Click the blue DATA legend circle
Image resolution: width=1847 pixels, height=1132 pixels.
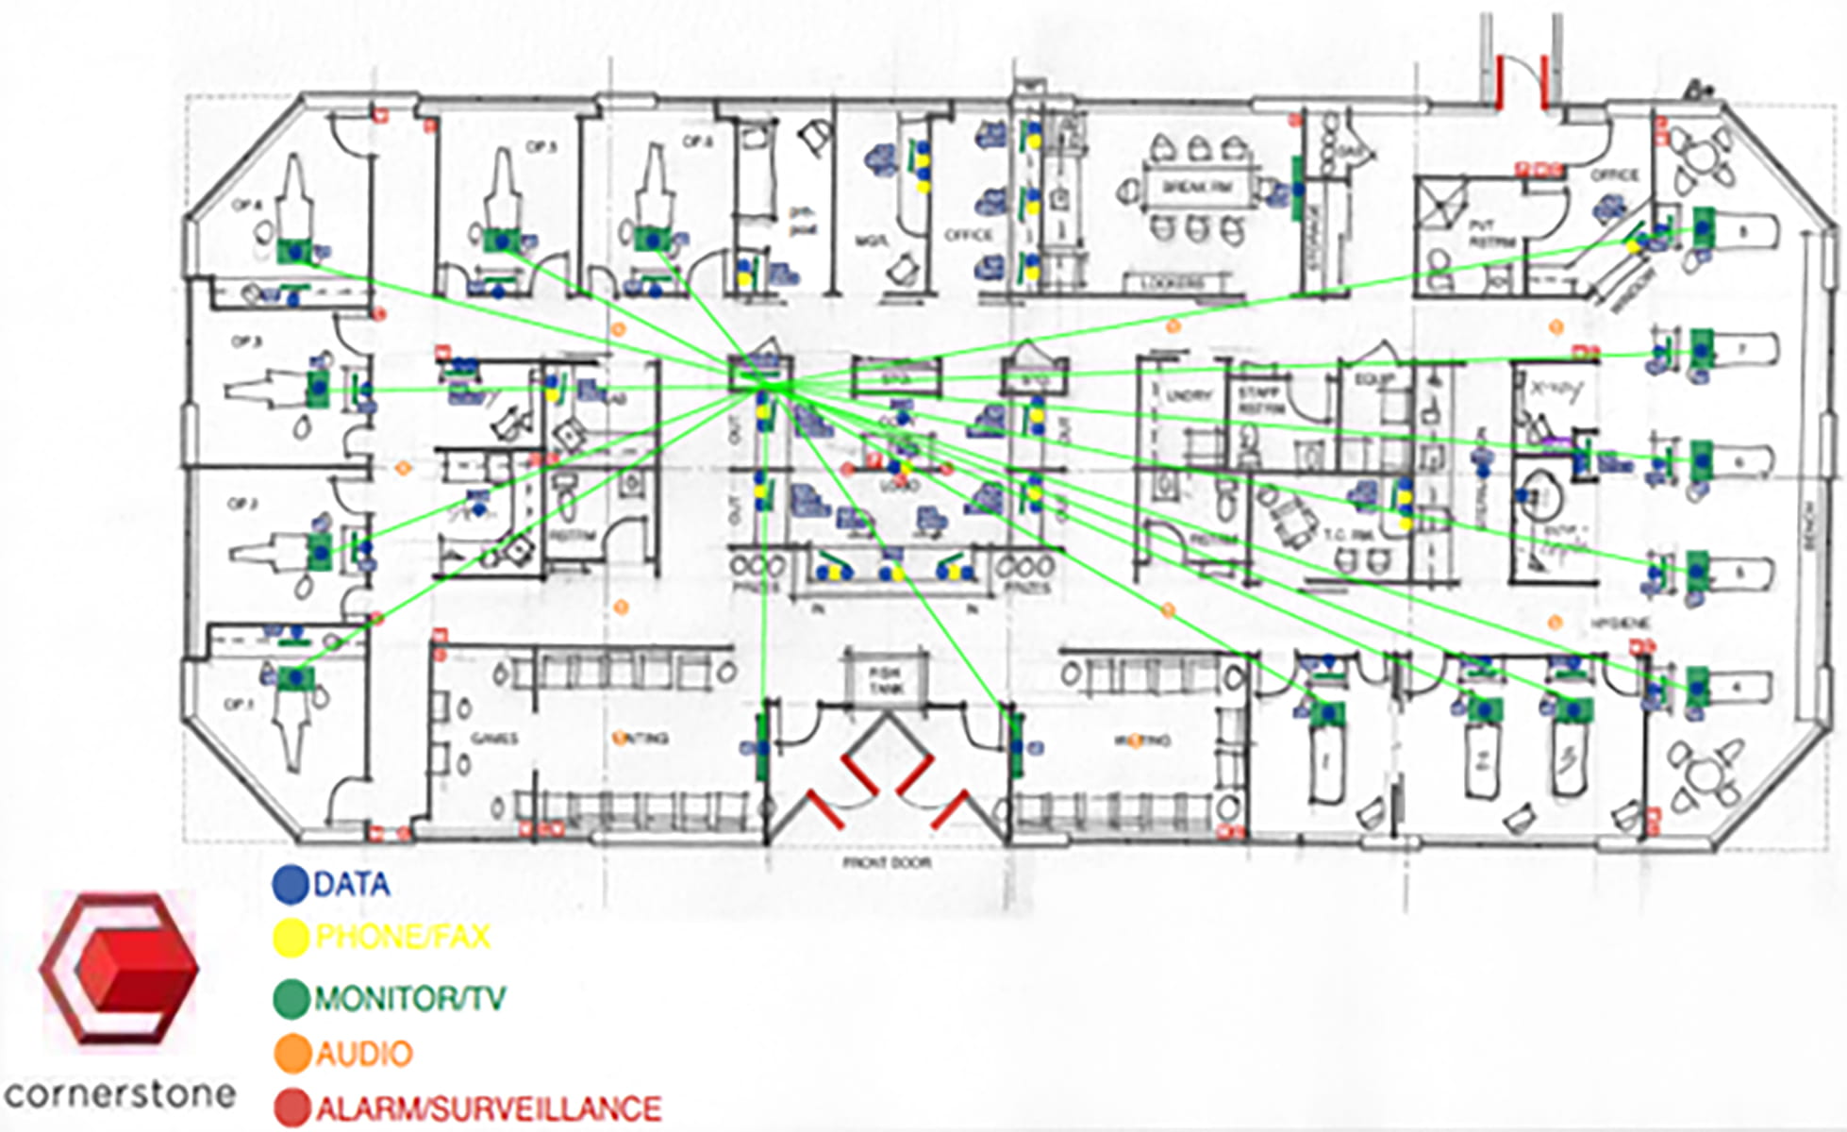click(291, 884)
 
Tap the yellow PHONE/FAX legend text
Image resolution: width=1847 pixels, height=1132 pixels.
click(403, 937)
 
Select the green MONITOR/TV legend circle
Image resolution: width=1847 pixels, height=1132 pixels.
click(291, 998)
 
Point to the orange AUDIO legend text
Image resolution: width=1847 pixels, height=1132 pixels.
click(364, 1054)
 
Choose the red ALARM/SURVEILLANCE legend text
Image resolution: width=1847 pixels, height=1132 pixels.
click(488, 1108)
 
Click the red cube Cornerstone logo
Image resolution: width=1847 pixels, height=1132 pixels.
click(120, 969)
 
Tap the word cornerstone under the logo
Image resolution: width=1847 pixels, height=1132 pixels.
click(120, 1095)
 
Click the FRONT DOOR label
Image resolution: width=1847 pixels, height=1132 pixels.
click(887, 863)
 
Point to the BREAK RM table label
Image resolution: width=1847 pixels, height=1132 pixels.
click(1196, 188)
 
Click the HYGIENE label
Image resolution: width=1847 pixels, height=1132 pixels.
click(1621, 624)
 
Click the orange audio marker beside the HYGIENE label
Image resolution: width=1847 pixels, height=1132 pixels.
click(1556, 623)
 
